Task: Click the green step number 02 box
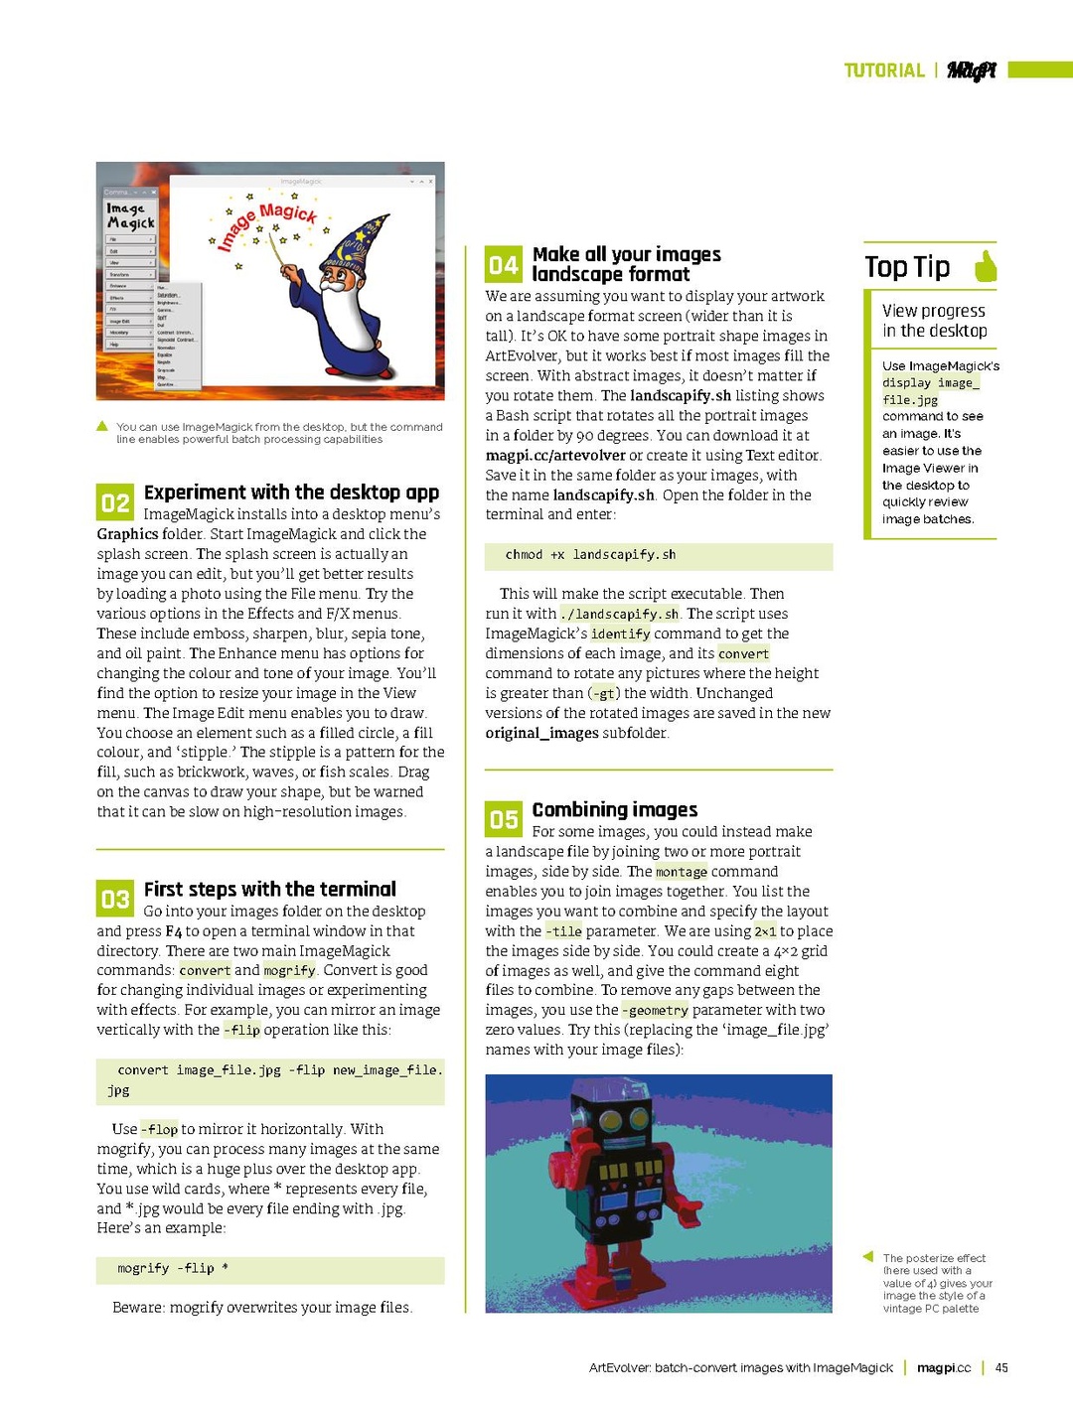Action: pyautogui.click(x=114, y=502)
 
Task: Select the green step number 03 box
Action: pyautogui.click(x=114, y=899)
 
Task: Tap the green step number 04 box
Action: pyautogui.click(x=503, y=264)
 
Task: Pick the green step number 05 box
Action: pyautogui.click(x=503, y=819)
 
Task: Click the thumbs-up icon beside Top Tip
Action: pyautogui.click(x=986, y=266)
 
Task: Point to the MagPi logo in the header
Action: pyautogui.click(x=971, y=70)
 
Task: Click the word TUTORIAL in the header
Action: pyautogui.click(x=884, y=70)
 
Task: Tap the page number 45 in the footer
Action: pyautogui.click(x=1001, y=1367)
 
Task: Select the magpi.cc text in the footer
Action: pyautogui.click(x=944, y=1367)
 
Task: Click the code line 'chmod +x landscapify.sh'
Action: pyautogui.click(x=590, y=555)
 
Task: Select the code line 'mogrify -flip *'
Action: pyautogui.click(x=173, y=1268)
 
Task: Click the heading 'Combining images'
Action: pyautogui.click(x=615, y=809)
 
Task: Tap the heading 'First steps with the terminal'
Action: pyautogui.click(x=270, y=889)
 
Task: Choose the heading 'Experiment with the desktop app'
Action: pyautogui.click(x=291, y=493)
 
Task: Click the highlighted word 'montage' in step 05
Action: pyautogui.click(x=682, y=872)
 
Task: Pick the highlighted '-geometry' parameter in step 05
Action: pyautogui.click(x=655, y=1011)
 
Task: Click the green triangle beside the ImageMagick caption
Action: pyautogui.click(x=102, y=427)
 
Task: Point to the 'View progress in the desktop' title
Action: pyautogui.click(x=934, y=321)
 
